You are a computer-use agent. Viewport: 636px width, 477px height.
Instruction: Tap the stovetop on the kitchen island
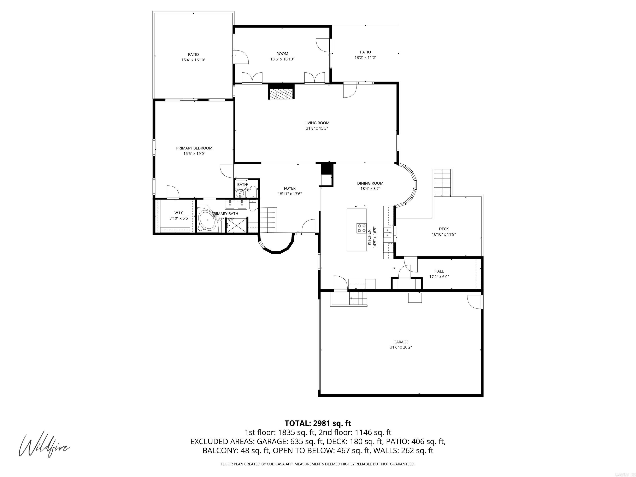(x=361, y=228)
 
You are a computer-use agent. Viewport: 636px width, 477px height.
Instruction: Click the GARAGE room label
(x=401, y=342)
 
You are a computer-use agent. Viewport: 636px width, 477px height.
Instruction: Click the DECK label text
(x=444, y=229)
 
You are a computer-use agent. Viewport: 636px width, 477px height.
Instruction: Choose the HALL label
(x=439, y=271)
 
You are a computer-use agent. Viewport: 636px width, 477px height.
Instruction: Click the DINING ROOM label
(x=370, y=183)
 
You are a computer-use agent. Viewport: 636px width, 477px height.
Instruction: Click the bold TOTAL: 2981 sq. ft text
(x=318, y=423)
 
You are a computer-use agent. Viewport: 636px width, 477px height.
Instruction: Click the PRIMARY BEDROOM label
(x=194, y=148)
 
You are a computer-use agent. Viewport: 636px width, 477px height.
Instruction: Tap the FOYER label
(x=290, y=188)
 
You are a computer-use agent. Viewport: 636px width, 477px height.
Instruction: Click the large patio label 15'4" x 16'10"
(x=193, y=60)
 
